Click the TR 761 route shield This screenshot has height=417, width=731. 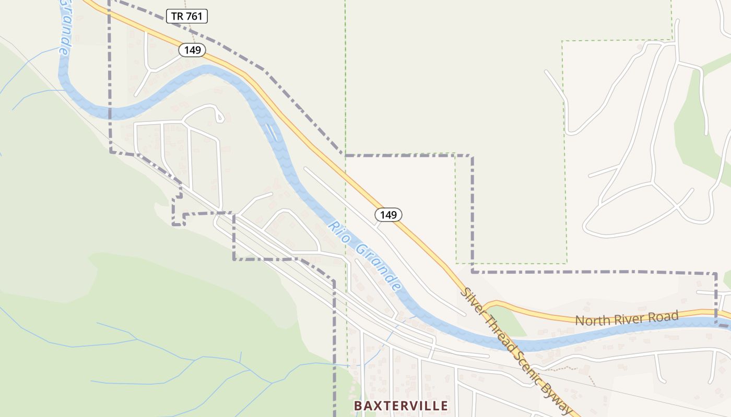point(187,16)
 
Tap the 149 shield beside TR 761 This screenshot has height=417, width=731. point(192,50)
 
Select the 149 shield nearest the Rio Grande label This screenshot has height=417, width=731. point(388,214)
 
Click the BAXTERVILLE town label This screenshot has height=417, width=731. point(400,406)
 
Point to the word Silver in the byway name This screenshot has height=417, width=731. point(471,300)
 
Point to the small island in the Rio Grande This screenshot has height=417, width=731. point(270,132)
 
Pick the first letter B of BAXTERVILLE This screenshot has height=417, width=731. point(358,406)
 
